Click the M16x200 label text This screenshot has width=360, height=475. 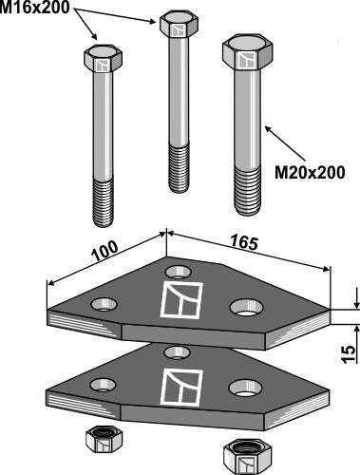(x=35, y=7)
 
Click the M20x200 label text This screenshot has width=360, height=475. (x=310, y=173)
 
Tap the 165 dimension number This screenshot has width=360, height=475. (x=244, y=243)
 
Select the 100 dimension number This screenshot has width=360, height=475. (x=104, y=251)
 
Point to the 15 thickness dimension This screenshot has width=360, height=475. (x=350, y=354)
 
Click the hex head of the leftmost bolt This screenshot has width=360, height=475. (x=103, y=59)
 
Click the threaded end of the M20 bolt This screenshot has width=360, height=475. (x=247, y=191)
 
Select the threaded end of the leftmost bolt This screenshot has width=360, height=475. (x=103, y=203)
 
